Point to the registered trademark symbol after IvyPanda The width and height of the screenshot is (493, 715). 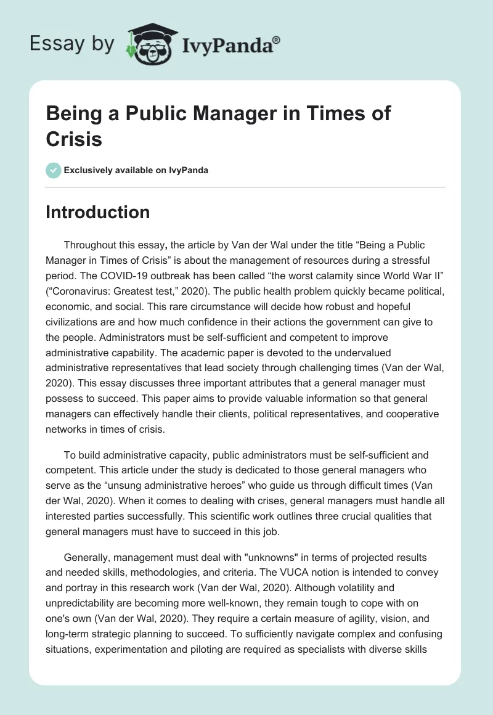click(277, 39)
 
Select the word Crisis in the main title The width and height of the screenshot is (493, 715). click(74, 139)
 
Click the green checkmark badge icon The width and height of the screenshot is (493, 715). click(54, 170)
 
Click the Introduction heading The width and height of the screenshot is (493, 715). click(98, 212)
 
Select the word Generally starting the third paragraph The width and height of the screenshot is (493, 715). click(88, 543)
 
